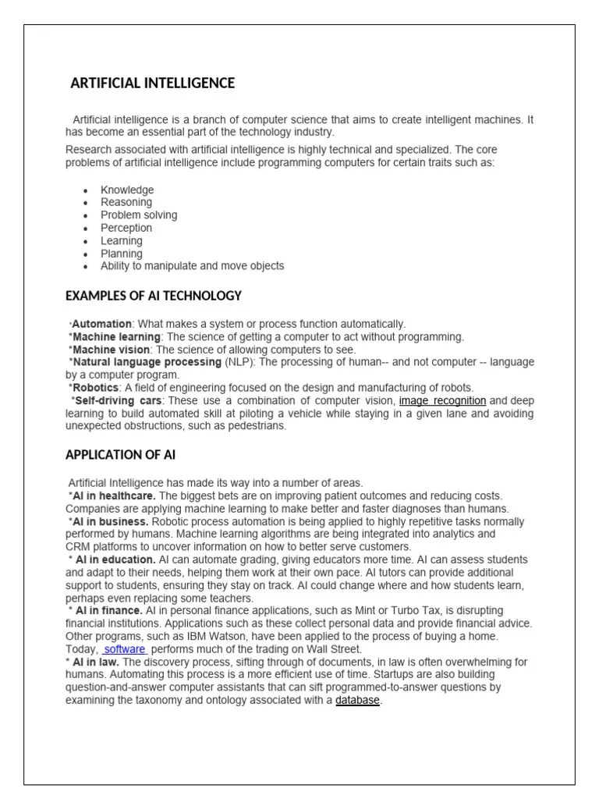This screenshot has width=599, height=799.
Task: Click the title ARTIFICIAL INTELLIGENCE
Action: coord(153,83)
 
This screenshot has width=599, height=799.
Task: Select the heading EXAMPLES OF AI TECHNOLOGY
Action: coord(154,296)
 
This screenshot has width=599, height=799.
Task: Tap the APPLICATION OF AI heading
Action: coord(126,455)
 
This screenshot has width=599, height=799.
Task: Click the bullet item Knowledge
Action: coord(127,190)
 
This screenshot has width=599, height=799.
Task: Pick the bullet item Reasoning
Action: coord(126,202)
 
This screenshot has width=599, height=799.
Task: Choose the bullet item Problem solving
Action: coord(139,215)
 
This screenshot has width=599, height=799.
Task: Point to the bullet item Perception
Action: coord(126,228)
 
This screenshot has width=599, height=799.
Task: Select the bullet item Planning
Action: coord(122,254)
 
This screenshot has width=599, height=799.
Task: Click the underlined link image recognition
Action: coord(442,400)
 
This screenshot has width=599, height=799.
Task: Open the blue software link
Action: coord(125,649)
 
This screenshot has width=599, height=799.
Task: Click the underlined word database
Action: coord(358,701)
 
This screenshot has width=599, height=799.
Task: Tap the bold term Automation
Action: coord(102,324)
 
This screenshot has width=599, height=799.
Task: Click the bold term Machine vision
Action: coord(112,350)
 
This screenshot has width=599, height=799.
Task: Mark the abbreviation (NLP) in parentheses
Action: coord(239,362)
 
